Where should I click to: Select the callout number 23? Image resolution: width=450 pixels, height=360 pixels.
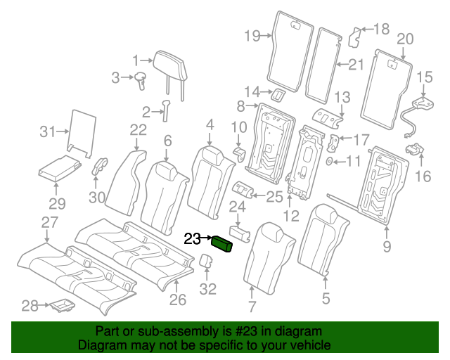click(x=192, y=239)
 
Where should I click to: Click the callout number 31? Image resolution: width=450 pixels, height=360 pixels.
click(x=47, y=131)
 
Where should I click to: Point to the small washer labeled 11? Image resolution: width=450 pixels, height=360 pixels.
click(x=330, y=162)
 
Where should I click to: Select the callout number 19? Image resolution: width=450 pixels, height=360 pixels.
click(x=252, y=35)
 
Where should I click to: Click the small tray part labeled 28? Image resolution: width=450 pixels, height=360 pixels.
click(x=62, y=305)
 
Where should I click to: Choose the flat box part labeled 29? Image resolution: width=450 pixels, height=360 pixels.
click(x=58, y=169)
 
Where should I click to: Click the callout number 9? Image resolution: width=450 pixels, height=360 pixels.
click(x=386, y=246)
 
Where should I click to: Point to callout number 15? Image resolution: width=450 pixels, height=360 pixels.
click(x=425, y=77)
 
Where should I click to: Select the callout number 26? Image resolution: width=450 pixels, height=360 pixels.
click(x=178, y=300)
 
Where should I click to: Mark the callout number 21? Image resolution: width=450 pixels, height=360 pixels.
click(x=355, y=65)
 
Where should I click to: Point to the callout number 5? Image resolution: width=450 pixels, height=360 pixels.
click(x=326, y=298)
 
